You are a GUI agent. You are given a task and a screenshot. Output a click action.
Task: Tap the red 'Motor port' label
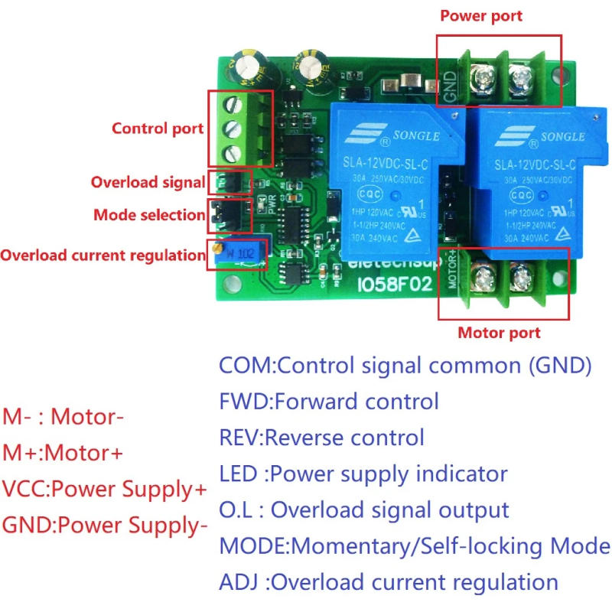[x=499, y=333]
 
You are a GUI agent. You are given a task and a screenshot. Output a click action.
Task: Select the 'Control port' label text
[x=158, y=129]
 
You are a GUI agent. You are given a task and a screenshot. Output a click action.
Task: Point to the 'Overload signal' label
[x=148, y=183]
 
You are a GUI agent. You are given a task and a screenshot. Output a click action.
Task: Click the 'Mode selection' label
[x=149, y=215]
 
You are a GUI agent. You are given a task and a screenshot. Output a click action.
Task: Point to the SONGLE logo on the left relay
[x=391, y=137]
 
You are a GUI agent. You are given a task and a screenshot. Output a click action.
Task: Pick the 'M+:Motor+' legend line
[x=63, y=453]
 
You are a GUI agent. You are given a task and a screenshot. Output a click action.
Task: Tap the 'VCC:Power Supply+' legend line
[x=105, y=490]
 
